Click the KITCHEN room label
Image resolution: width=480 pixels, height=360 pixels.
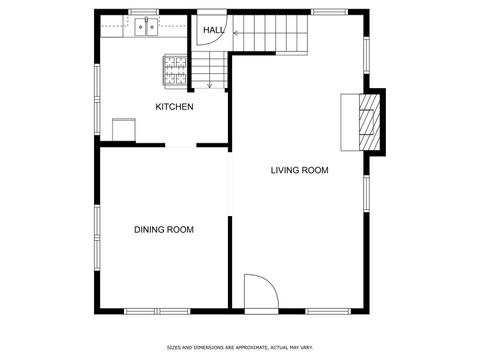(x=174, y=107)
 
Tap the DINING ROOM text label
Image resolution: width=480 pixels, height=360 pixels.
(x=164, y=230)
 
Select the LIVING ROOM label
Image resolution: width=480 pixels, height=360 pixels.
(x=299, y=170)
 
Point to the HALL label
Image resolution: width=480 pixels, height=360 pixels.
(x=214, y=31)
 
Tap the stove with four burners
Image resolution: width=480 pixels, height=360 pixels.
(x=176, y=68)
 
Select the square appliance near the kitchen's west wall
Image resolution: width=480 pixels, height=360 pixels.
(x=124, y=130)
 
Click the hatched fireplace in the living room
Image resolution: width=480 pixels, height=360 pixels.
(x=371, y=120)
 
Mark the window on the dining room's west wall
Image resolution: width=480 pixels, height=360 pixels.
(x=97, y=230)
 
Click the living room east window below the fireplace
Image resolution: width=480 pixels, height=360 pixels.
(x=368, y=196)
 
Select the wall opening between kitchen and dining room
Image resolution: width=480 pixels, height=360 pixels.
(x=181, y=146)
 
